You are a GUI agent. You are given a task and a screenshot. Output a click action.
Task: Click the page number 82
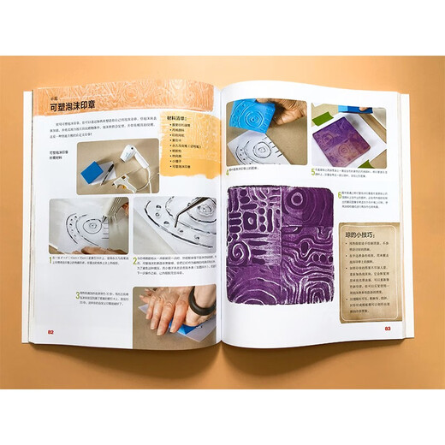click(x=51, y=332)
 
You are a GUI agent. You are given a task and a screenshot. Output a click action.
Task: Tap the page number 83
click(x=387, y=327)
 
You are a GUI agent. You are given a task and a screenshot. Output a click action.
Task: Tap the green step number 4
click(x=229, y=170)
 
